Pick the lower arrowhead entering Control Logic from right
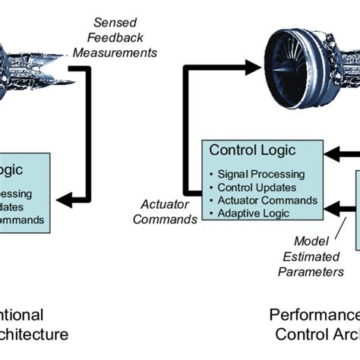tap(331, 206)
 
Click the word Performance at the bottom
tap(314, 314)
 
